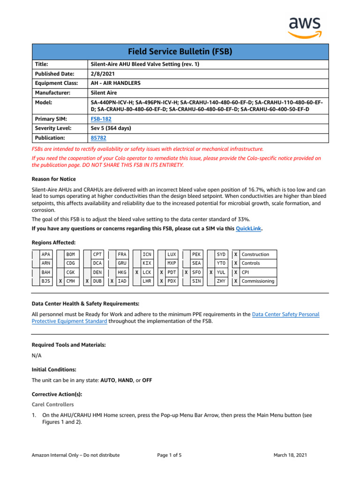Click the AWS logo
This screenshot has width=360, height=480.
tap(304, 27)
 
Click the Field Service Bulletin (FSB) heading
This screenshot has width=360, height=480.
tap(180, 52)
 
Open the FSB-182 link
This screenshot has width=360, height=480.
tap(101, 119)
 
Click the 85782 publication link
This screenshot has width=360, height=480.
tap(98, 138)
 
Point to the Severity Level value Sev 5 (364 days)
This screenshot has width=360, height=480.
tap(111, 128)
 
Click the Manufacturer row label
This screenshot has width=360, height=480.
tap(52, 93)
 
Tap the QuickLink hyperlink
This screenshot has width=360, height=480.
tap(248, 228)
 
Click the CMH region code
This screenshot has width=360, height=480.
tap(71, 281)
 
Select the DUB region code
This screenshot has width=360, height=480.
tap(97, 281)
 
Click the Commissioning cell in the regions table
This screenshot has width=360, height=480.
tap(257, 281)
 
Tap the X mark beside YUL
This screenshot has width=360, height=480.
tap(211, 272)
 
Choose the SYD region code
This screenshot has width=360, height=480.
tap(221, 255)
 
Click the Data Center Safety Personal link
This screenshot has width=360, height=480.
tap(285, 315)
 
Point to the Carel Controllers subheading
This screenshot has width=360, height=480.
tap(52, 404)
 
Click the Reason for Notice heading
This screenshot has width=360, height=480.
tap(53, 179)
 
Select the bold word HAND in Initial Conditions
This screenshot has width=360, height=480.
tap(126, 380)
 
